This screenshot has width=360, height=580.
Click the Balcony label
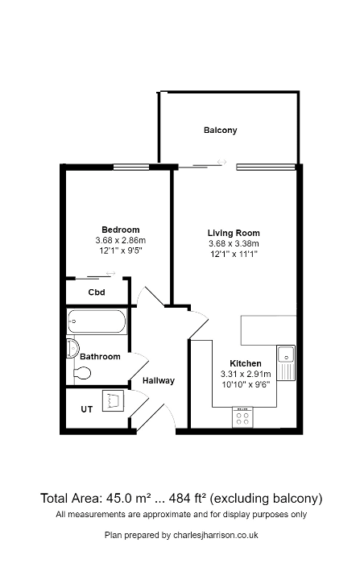coord(220,130)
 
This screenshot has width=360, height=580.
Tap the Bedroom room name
coord(120,229)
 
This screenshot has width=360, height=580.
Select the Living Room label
coord(234,234)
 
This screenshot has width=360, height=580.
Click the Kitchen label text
coord(246,363)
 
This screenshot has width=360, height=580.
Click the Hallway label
coord(159,380)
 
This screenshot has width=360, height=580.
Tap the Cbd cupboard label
coord(97,292)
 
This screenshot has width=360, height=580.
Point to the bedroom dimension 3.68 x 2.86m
coord(120,239)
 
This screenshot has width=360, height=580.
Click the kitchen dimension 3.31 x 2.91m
coord(245,374)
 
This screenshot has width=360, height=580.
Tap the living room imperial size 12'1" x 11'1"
coord(234,255)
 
